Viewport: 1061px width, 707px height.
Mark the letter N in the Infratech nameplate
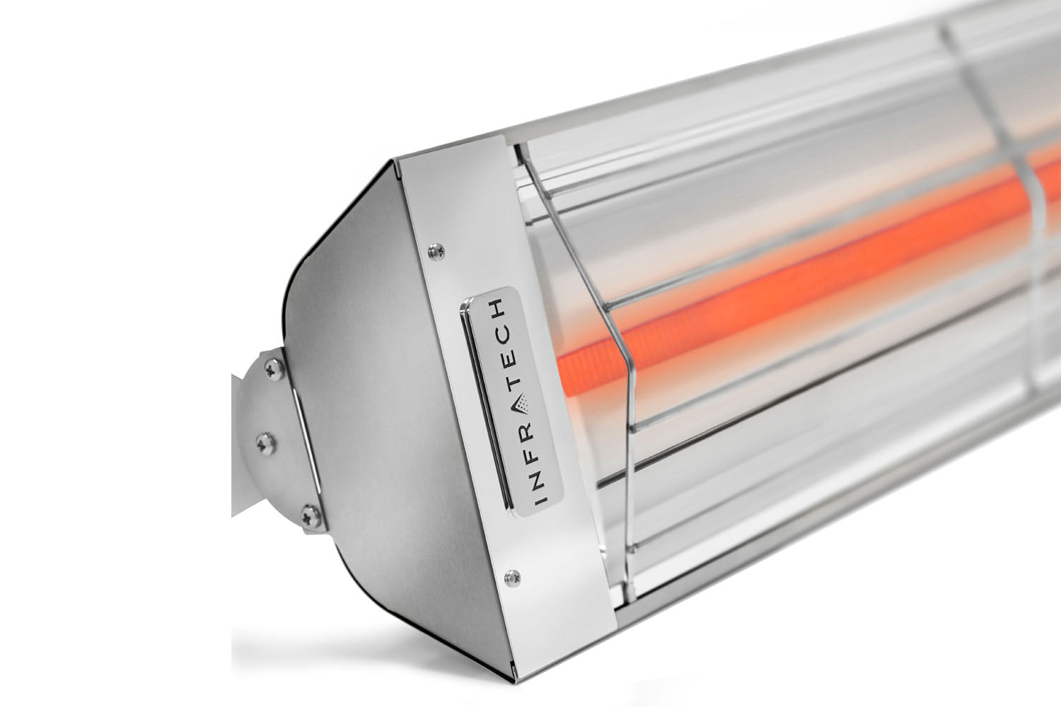(539, 478)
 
